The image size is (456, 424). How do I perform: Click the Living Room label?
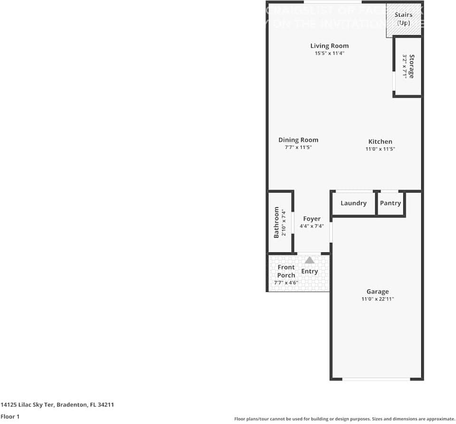pos(329,46)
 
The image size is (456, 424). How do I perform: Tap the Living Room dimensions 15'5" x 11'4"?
pos(329,53)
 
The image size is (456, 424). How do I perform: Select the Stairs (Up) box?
pos(403,19)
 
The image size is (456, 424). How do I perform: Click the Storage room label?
pos(412,67)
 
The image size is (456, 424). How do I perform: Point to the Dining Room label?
pos(298,140)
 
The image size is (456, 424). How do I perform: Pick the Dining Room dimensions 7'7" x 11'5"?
pos(298,147)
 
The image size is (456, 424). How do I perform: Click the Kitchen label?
pos(380,141)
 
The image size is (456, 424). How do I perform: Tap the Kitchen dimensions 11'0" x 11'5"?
pos(380,149)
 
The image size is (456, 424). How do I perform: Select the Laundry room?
pos(353,203)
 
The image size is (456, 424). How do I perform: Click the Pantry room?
pos(390,203)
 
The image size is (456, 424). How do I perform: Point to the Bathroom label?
pos(276,222)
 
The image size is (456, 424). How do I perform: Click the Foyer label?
pos(312,219)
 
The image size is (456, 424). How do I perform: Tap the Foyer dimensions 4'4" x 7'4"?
pos(312,226)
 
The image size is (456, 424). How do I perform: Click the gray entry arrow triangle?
pos(310,260)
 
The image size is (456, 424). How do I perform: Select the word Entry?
pos(310,271)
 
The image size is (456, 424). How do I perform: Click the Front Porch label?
pos(286,271)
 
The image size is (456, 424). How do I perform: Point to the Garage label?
pos(378,291)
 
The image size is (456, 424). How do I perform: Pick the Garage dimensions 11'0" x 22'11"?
pos(378,299)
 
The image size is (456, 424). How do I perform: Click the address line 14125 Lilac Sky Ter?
pos(57,405)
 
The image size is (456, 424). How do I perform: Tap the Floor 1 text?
pos(10,416)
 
